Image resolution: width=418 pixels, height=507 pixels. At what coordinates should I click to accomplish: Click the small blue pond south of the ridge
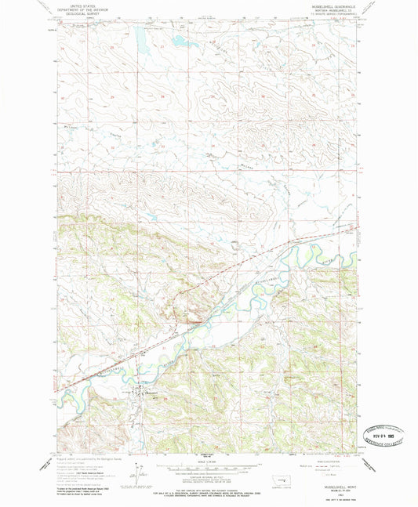[154, 218]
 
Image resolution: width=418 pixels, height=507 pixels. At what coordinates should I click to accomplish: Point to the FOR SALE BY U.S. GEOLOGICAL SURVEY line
[208, 488]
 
